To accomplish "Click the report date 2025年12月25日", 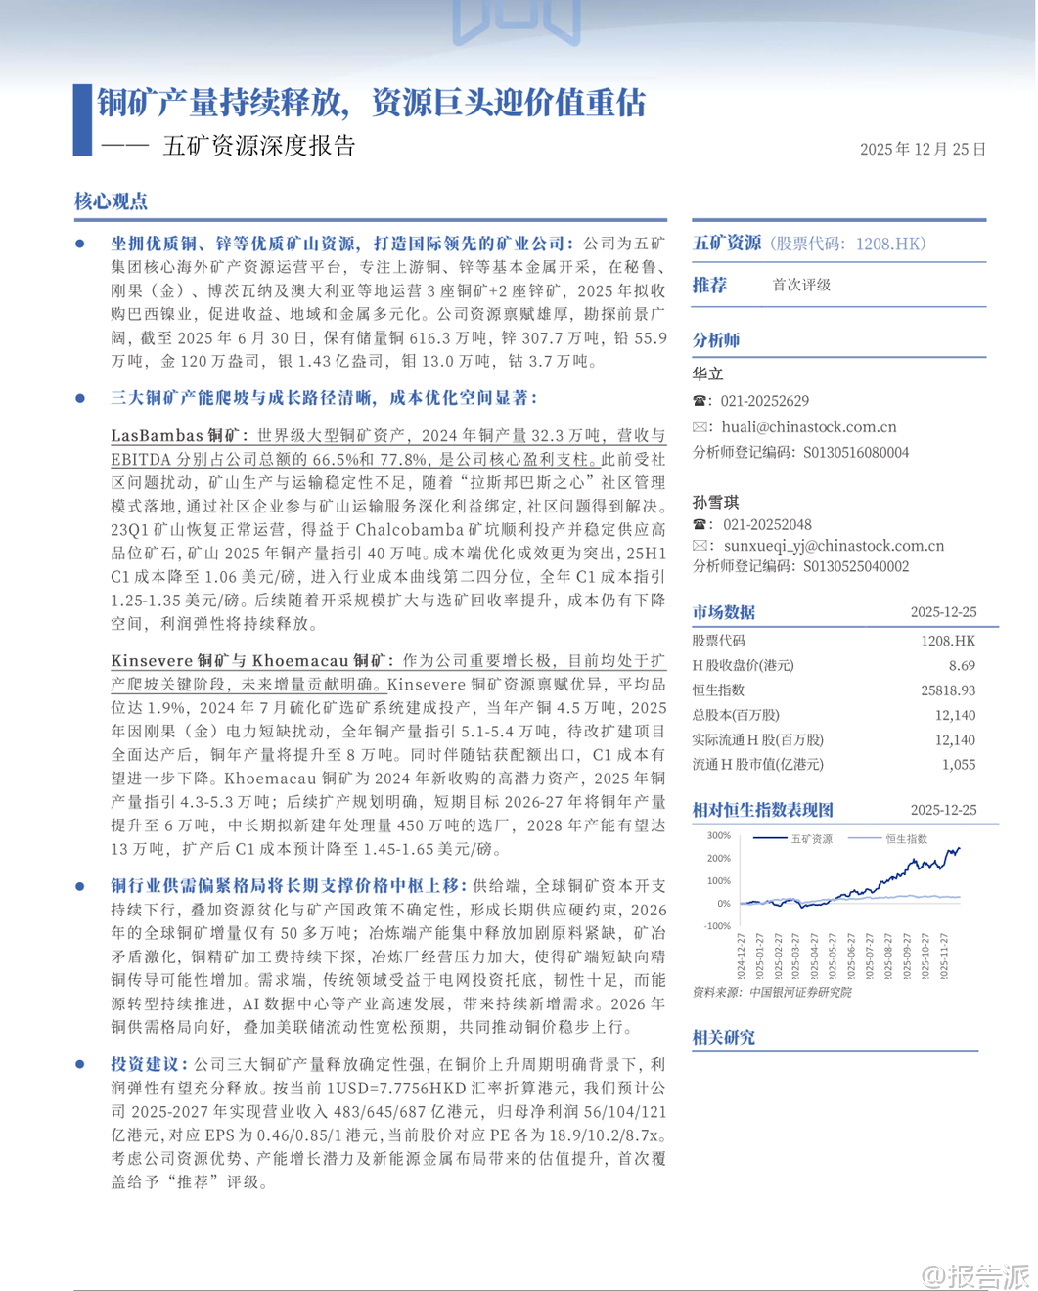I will click(x=923, y=150).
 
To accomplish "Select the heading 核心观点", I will click(x=111, y=201).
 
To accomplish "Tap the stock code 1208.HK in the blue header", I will click(x=889, y=244).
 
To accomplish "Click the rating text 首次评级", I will click(x=801, y=285).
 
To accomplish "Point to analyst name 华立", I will click(x=707, y=374).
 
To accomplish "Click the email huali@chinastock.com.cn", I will click(x=808, y=426).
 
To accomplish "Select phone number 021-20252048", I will click(x=765, y=524).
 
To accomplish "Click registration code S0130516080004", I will click(x=856, y=452).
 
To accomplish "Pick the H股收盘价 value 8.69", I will click(x=961, y=665).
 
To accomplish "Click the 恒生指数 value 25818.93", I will click(x=947, y=690).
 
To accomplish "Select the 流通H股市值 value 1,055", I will click(x=958, y=764).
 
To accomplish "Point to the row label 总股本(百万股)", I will click(x=736, y=715).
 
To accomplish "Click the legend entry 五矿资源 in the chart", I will click(x=811, y=838).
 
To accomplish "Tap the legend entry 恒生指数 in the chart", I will click(x=906, y=838).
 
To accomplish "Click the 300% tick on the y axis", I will click(x=718, y=835).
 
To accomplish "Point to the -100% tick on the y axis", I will click(x=717, y=925).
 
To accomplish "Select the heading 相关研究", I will click(x=723, y=1037).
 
